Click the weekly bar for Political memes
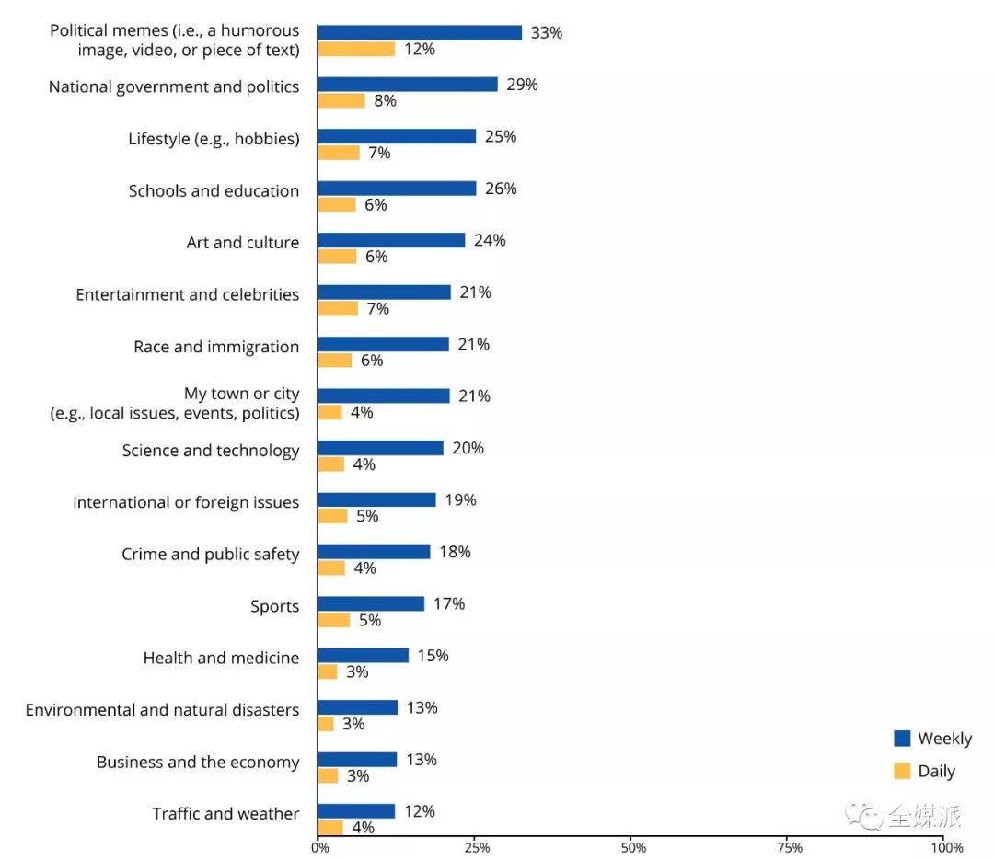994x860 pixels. coord(420,32)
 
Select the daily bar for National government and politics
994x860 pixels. coord(341,101)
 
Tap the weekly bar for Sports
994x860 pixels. coord(371,603)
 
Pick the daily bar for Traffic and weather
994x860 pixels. coord(330,828)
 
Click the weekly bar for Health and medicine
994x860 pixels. coord(363,656)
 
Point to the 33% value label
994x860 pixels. coord(547,33)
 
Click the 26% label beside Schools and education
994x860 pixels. coord(502,189)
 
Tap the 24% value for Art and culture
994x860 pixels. coord(490,241)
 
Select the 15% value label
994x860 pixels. coord(433,656)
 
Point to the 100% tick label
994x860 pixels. coord(946,847)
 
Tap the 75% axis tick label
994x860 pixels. coord(789,847)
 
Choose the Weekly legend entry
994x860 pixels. coord(932,739)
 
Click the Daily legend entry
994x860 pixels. coord(925,772)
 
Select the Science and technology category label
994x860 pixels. coord(211,451)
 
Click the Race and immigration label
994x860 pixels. coord(216,347)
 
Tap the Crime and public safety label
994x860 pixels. coord(211,555)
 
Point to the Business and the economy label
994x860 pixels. coord(198,763)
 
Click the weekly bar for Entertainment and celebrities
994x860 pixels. coord(384,292)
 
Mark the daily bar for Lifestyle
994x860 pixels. coord(339,153)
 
